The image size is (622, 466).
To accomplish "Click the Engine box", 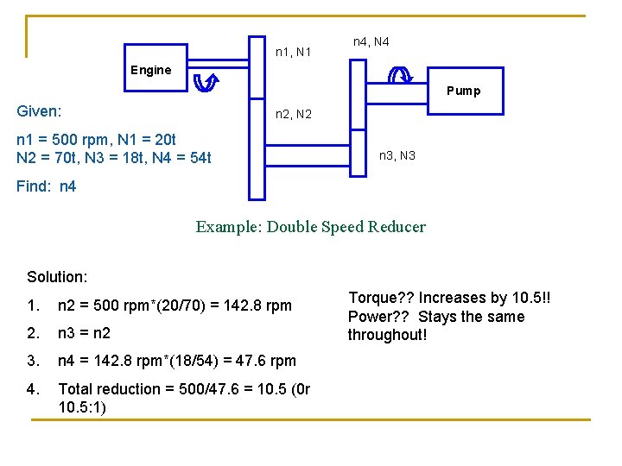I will [x=151, y=70].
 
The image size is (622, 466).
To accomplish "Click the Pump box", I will [x=462, y=90].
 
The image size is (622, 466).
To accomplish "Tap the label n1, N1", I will [x=293, y=53].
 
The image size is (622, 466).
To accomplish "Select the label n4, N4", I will [x=371, y=41].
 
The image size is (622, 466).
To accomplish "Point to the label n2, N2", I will [x=293, y=114].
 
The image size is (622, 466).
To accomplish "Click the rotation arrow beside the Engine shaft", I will [x=206, y=82].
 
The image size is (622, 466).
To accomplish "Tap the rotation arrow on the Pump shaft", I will [x=401, y=75].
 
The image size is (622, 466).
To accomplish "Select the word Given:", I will [x=39, y=111].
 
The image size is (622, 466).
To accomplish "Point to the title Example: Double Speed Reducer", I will [x=310, y=227].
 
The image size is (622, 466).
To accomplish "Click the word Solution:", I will [x=57, y=276].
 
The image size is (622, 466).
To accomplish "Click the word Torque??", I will [x=380, y=298].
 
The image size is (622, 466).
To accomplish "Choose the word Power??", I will [x=378, y=317].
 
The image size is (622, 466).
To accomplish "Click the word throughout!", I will [x=387, y=335].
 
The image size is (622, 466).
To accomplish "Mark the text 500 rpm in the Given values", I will [x=83, y=140].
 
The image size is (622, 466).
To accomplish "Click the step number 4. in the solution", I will [x=33, y=388].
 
